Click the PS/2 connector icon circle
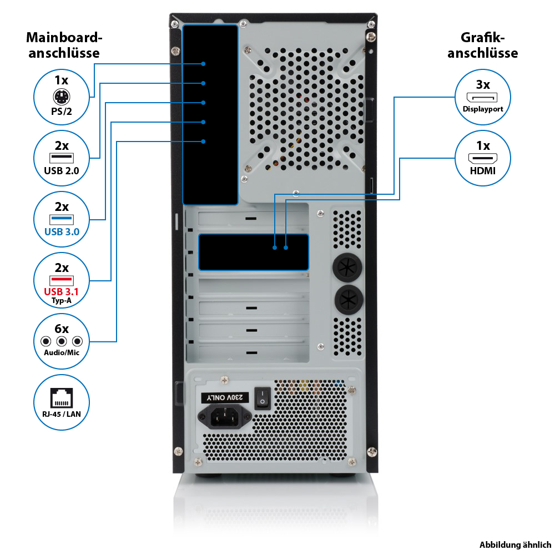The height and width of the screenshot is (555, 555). coord(62,93)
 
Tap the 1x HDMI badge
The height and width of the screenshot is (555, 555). coord(483,158)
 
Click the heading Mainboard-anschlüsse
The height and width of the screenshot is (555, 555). coord(64,46)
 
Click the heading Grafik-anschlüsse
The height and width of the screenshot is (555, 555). coord(483,46)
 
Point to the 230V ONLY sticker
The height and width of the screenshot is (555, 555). coord(222,397)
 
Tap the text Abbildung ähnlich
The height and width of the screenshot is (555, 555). coord(516,544)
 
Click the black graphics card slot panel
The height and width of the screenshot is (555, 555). coord(254,251)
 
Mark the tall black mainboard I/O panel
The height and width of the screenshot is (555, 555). coord(210,115)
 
